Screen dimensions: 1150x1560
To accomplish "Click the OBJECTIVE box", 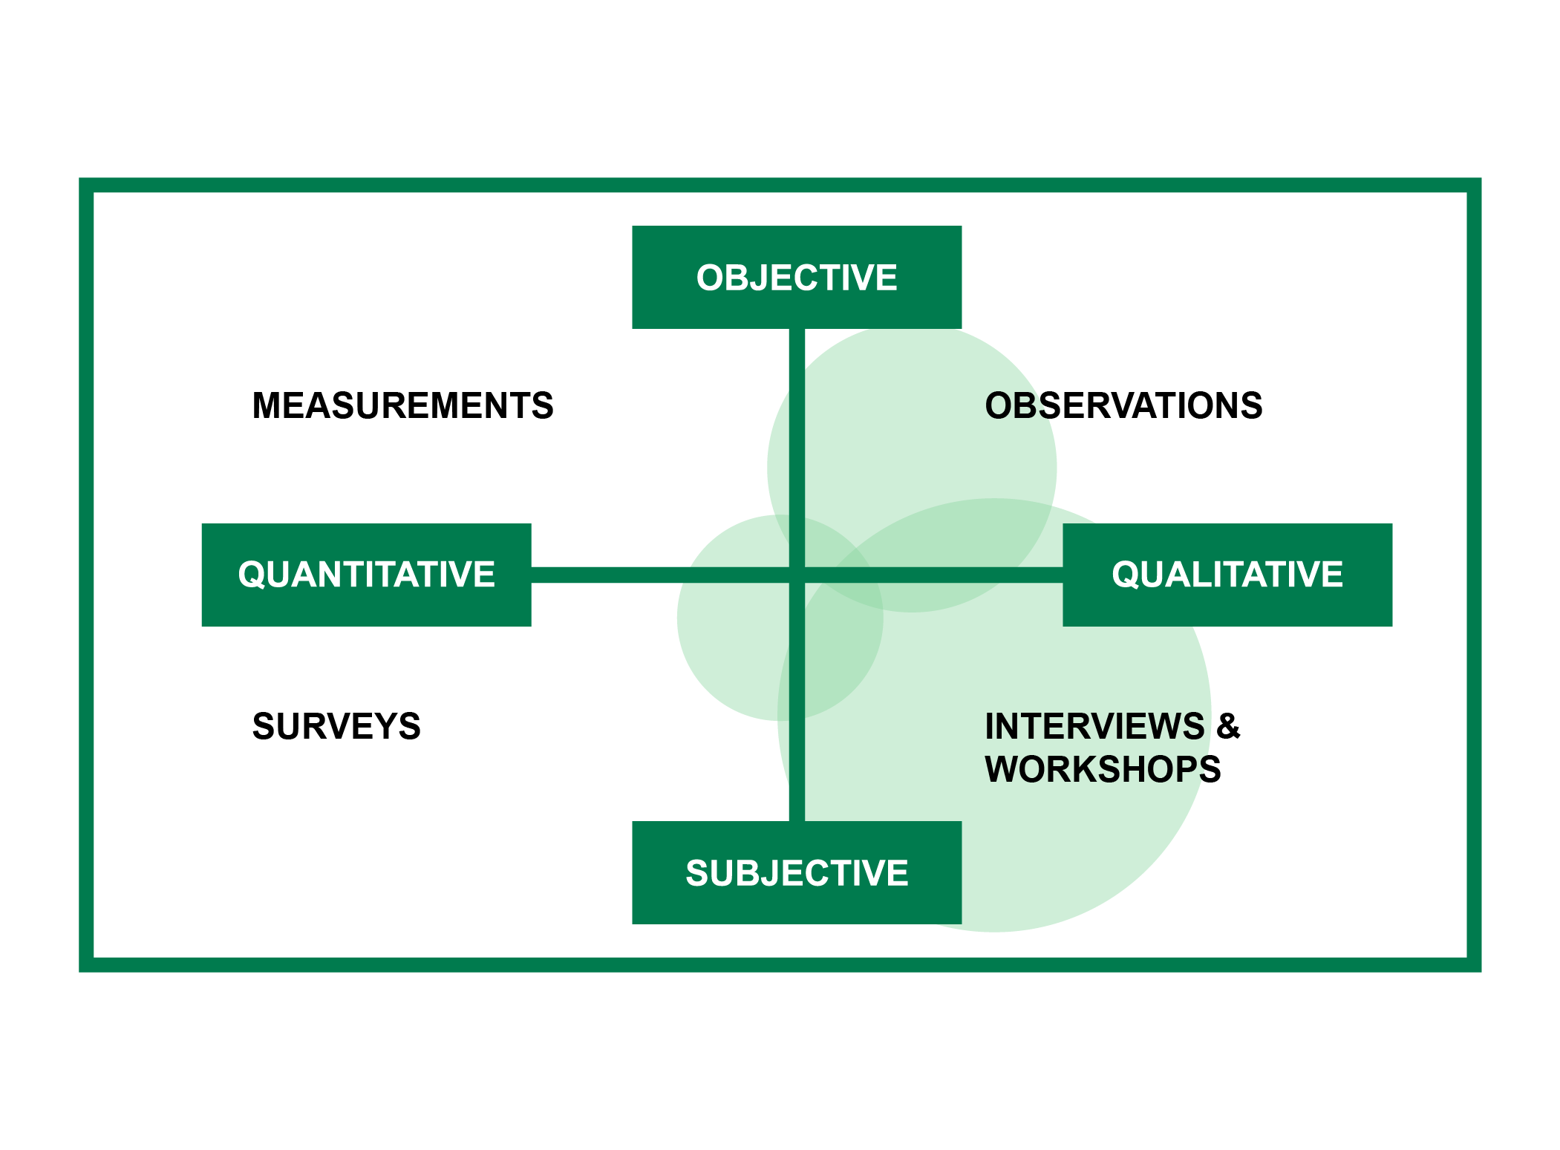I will coord(796,277).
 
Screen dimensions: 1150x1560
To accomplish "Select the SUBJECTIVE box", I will coord(796,872).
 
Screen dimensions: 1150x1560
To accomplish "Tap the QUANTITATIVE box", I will coord(366,575).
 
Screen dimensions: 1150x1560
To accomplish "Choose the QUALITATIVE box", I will coord(1227,575).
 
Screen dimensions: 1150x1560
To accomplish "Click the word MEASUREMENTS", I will coord(402,405).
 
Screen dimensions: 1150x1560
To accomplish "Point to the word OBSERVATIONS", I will coord(1123,405).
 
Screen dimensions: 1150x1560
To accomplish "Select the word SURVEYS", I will coord(336,726).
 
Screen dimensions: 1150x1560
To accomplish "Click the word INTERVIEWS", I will coord(1094,726).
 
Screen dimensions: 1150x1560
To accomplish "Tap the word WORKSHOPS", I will coord(1102,769).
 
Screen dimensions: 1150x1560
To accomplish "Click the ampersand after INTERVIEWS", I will coord(1228,726).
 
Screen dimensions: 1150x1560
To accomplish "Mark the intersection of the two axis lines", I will coord(797,575).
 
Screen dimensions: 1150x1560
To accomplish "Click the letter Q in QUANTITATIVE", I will coord(250,575).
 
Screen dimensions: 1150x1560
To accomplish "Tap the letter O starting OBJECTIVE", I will coord(710,278).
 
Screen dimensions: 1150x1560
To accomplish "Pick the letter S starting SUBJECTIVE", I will coord(697,873).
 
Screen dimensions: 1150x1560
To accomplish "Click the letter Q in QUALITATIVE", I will coord(1124,575).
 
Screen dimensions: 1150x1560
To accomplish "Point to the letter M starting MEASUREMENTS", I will coord(268,405).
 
